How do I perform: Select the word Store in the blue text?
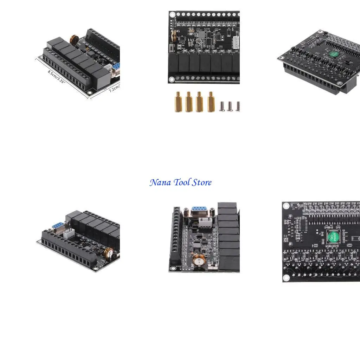point(202,182)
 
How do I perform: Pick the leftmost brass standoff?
point(178,102)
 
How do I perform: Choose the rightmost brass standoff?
point(211,102)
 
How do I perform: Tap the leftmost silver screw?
point(222,106)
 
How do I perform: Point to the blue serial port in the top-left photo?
point(116,67)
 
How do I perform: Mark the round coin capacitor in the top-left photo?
point(74,39)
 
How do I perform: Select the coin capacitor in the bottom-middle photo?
point(199,260)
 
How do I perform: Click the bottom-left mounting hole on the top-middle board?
point(172,80)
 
